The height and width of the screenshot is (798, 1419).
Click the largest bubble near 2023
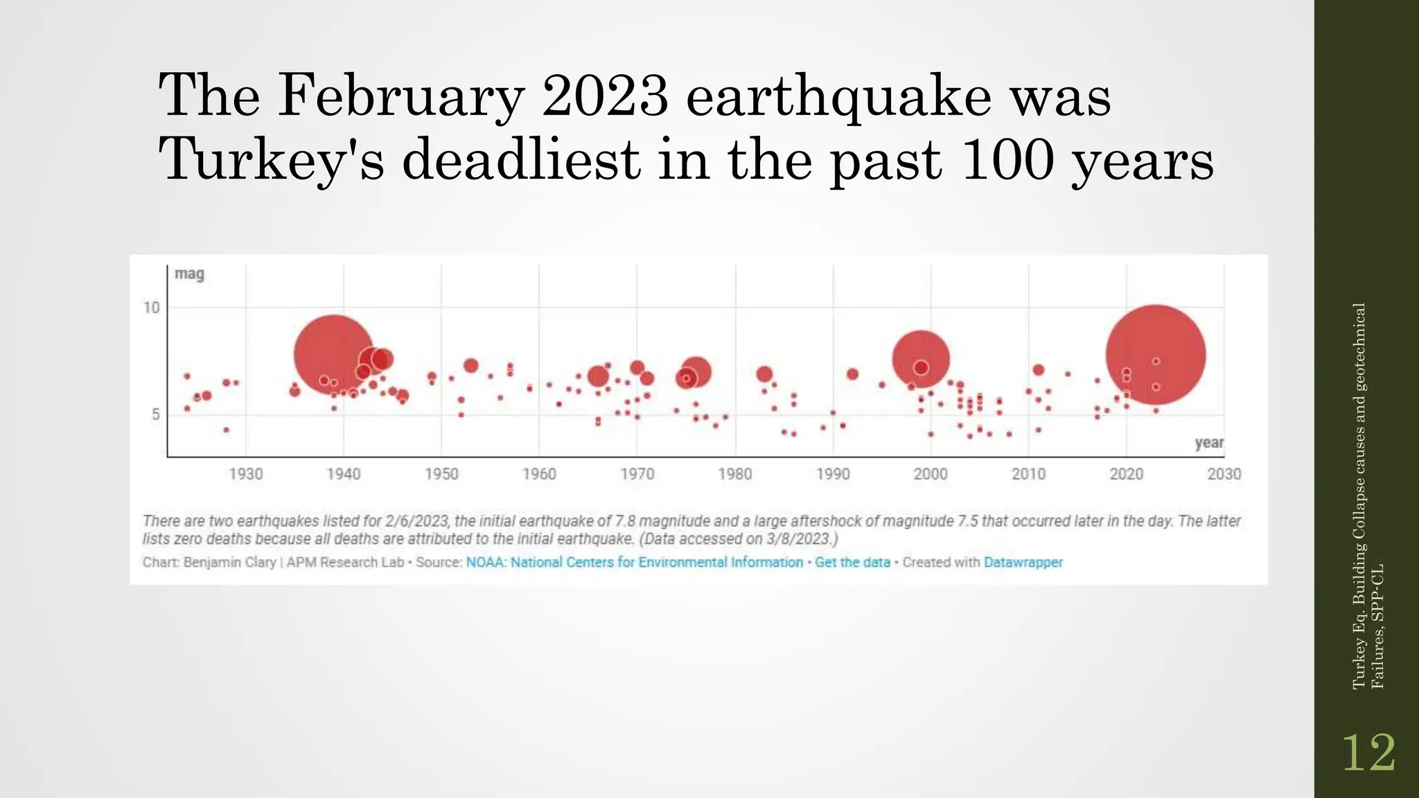click(1156, 355)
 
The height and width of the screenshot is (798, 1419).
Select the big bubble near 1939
click(334, 355)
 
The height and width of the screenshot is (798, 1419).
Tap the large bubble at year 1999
click(920, 359)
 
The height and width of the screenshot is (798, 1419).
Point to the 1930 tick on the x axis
click(246, 475)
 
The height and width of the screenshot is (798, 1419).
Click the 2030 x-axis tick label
click(1224, 475)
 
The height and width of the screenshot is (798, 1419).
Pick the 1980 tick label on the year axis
click(735, 475)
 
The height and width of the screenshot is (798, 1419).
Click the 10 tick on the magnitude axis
click(152, 308)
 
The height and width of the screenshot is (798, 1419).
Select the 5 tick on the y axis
click(156, 414)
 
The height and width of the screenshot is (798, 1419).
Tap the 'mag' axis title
click(189, 274)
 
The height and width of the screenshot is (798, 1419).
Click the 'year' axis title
click(1209, 443)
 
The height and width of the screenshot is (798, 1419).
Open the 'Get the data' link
click(852, 562)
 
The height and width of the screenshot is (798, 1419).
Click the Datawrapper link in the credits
click(1023, 562)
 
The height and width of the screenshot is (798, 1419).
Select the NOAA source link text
click(634, 562)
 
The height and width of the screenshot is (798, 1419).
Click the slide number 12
click(1368, 753)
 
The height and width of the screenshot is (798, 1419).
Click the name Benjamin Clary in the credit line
click(229, 562)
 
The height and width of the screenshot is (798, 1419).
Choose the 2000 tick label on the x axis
click(931, 475)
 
